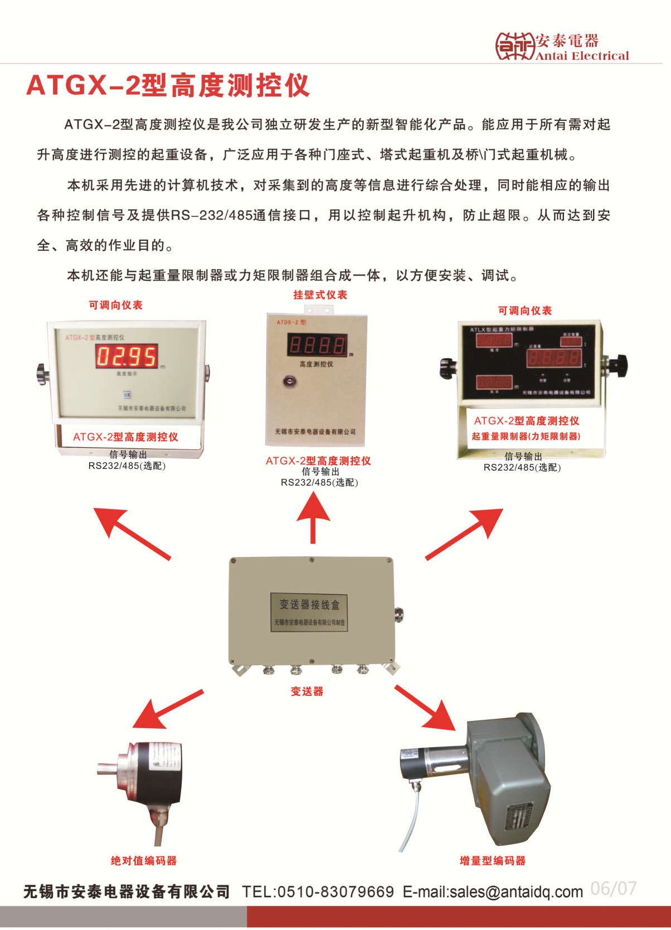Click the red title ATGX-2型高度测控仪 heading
point(168,85)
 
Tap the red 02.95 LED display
point(127,356)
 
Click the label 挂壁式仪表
point(320,295)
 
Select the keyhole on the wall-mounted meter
point(289,382)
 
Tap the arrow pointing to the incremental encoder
point(426,708)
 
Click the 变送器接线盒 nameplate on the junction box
point(309,612)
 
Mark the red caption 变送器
point(307,691)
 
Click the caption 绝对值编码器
point(144,861)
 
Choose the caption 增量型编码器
point(493,861)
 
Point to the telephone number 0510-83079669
point(335,892)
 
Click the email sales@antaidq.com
point(493,892)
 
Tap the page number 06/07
point(613,888)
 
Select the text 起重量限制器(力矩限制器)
point(526,437)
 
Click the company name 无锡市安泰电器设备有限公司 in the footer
point(127,892)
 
